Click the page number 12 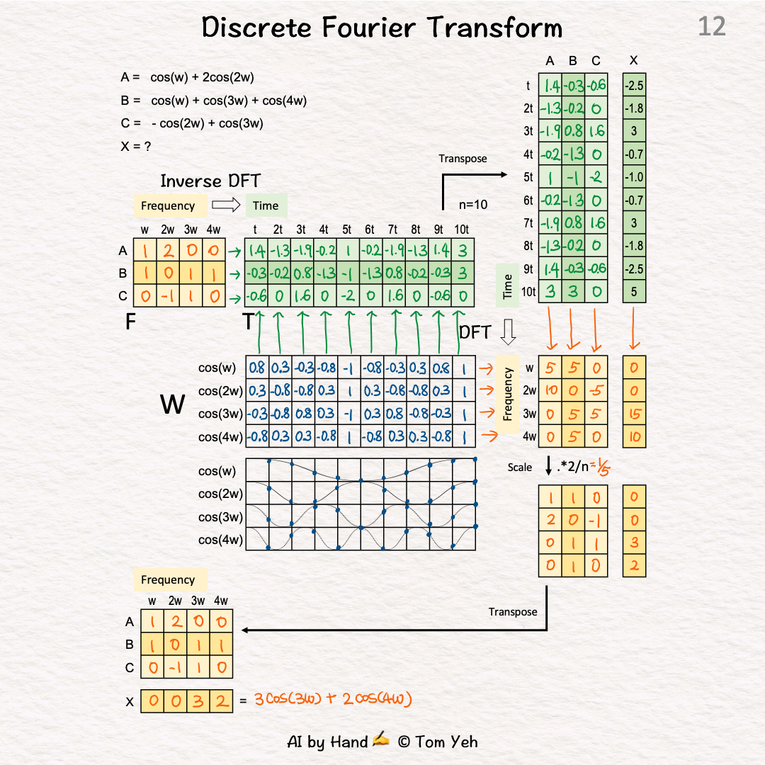point(711,27)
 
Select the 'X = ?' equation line point(136,147)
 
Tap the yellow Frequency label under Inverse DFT point(168,206)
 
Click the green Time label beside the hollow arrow point(266,206)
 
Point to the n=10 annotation point(472,205)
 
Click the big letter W point(174,404)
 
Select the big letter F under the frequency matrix point(130,322)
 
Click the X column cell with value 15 point(634,413)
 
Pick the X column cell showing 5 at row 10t point(634,291)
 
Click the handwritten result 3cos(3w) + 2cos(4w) point(332,699)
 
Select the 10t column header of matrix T point(462,229)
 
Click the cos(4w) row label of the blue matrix point(220,436)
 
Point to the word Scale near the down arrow point(519,467)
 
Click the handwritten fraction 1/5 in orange point(604,467)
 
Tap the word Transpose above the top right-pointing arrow point(463,159)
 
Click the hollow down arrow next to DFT point(507,331)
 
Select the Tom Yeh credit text point(437,742)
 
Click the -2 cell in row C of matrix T point(348,296)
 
